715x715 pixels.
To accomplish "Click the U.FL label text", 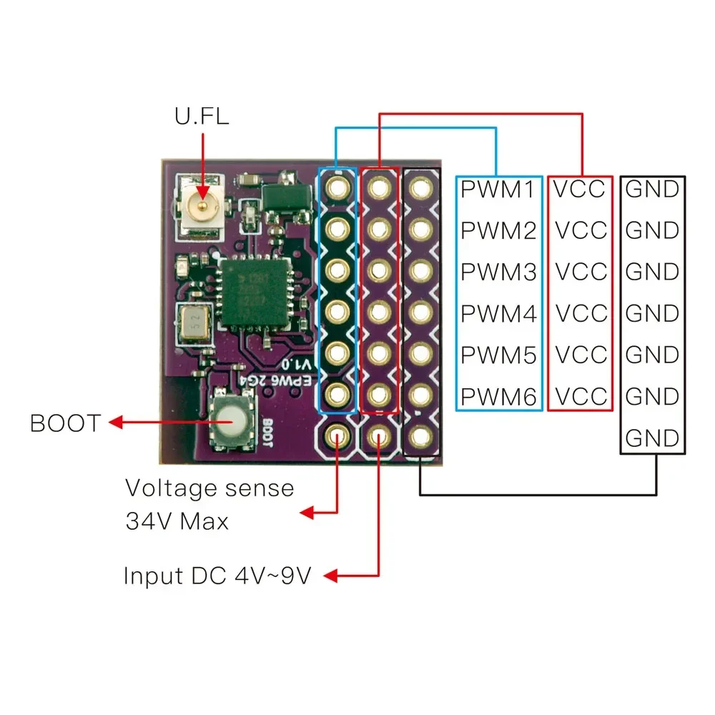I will coord(202,116).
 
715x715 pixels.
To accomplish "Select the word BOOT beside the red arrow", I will coord(66,423).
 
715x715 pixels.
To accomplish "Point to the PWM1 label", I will coord(498,189).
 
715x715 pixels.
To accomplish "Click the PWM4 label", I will coord(498,313).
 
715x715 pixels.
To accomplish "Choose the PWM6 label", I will coord(498,396).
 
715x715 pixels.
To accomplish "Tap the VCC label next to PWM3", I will coord(581,272).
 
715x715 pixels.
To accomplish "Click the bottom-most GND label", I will coord(652,438).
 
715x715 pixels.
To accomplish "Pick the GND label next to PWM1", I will coord(652,189).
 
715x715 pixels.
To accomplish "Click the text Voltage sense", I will coord(209,488).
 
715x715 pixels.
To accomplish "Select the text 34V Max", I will coord(177,521).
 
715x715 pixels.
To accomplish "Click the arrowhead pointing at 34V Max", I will coord(308,513).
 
